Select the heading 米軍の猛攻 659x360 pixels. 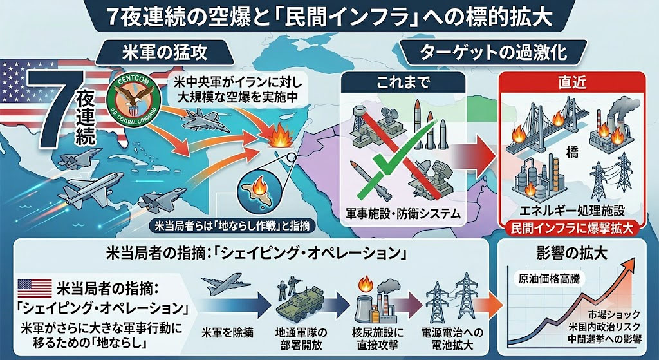[x=165, y=53]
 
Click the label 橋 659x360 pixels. [x=572, y=152]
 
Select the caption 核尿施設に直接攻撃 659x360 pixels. [x=376, y=339]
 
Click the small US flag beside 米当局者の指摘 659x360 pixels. [x=35, y=288]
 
